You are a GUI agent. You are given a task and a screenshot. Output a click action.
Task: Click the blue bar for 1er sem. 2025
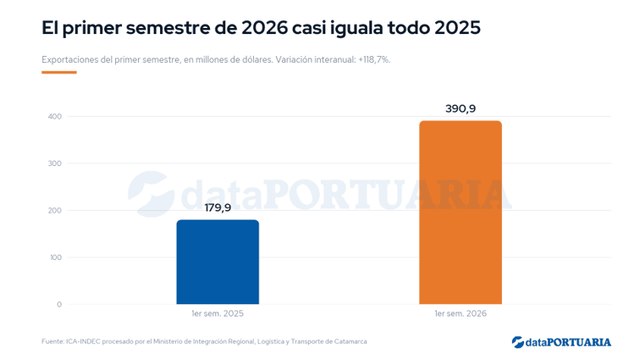(x=218, y=262)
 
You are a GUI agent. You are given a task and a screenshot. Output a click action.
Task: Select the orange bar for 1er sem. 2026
(x=461, y=213)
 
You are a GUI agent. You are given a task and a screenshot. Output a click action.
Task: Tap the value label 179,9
(x=218, y=208)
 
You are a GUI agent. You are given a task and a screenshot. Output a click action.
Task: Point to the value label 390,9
(x=461, y=108)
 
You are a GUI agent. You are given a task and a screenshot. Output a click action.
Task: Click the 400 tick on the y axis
(x=55, y=116)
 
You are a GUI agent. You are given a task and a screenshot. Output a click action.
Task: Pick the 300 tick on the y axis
(x=55, y=163)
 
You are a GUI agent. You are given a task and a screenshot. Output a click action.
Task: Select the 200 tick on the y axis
(x=55, y=210)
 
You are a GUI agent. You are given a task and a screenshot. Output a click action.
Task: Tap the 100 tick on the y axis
(x=55, y=258)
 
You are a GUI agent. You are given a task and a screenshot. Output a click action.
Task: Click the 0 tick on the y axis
(x=59, y=304)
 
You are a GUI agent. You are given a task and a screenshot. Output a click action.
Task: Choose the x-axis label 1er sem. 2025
(x=218, y=313)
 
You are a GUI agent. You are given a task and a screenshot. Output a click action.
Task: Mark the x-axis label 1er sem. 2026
(x=461, y=313)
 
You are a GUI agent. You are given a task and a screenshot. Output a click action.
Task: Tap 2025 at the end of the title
(x=457, y=28)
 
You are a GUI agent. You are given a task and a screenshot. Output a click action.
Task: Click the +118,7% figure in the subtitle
(x=374, y=59)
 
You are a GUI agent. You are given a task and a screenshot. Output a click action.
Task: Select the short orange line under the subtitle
(x=59, y=72)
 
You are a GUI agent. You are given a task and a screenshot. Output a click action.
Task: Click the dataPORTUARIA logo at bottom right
(x=561, y=342)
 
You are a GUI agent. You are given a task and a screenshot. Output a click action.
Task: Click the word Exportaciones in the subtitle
(x=69, y=60)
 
